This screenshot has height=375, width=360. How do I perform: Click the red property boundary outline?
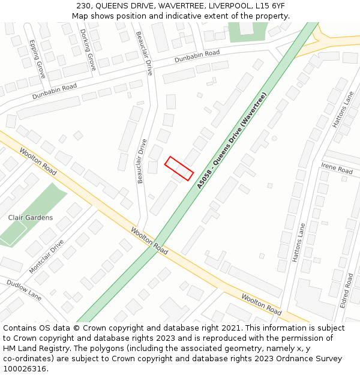(x=179, y=169)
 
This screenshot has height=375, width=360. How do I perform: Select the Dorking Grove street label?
(x=88, y=50)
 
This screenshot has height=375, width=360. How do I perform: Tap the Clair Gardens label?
(x=30, y=218)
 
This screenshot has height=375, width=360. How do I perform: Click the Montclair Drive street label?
(x=46, y=257)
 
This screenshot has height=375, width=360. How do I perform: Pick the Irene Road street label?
(x=337, y=167)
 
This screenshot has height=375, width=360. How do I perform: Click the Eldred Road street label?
(x=346, y=290)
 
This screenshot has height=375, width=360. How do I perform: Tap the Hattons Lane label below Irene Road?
(x=299, y=242)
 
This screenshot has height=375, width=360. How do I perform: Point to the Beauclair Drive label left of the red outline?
(x=142, y=161)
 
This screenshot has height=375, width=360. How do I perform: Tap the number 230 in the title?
(x=84, y=6)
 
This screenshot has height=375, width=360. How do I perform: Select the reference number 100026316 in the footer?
(x=25, y=369)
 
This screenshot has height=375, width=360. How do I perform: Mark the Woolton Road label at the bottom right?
(x=261, y=304)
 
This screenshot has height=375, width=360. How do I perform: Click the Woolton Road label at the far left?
(x=37, y=162)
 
